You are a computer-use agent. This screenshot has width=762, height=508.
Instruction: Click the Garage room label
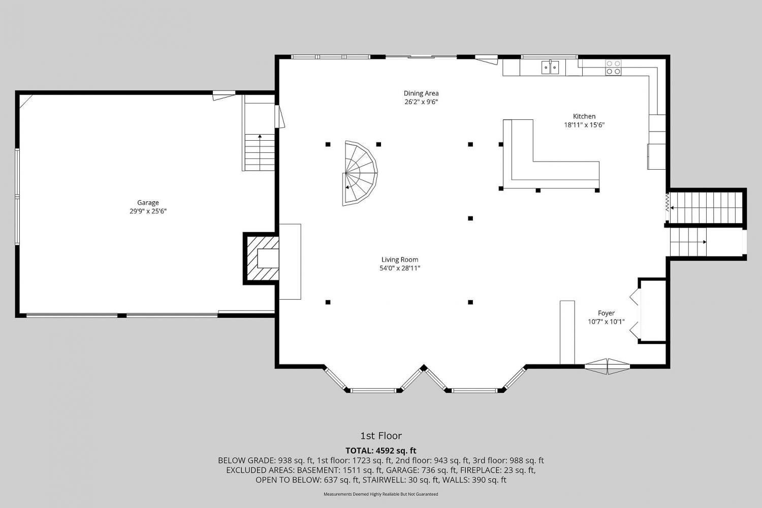pos(148,203)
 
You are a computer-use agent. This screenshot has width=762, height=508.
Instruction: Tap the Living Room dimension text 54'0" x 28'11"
pos(400,268)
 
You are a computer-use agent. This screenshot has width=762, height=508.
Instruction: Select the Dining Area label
pos(421,93)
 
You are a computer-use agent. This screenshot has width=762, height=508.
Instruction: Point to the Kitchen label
pos(584,116)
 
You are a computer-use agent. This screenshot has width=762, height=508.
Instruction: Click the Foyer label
pos(606,313)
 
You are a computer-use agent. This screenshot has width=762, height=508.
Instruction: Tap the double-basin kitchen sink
pos(550,68)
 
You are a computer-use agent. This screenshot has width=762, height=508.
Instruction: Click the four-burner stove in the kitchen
pos(613,68)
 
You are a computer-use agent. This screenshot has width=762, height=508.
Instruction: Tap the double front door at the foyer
pos(607,366)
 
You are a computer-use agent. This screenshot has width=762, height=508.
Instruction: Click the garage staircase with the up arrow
pos(260,152)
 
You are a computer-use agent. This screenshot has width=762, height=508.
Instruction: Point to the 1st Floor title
pos(381,435)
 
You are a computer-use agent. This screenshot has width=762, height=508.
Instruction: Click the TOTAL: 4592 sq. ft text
pos(381,451)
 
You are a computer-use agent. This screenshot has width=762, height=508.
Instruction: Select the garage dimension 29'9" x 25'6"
pos(148,211)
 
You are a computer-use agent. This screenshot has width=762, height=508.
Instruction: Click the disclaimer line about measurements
pos(380,494)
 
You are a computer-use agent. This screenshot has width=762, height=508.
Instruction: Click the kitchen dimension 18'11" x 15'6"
pos(584,125)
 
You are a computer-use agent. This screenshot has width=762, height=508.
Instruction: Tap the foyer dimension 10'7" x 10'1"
pos(606,322)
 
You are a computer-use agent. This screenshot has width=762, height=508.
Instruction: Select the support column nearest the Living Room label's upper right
pos(470,218)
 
